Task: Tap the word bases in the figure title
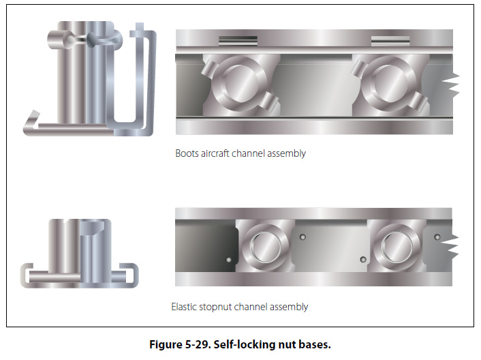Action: [317, 344]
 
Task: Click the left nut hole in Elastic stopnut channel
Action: [266, 247]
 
